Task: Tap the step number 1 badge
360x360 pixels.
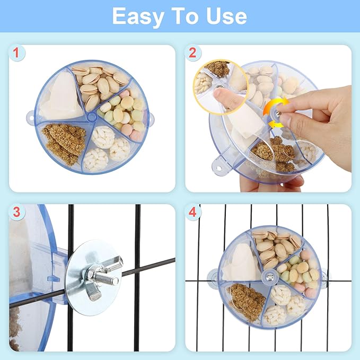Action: pos(18,52)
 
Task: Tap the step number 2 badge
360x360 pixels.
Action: pos(192,52)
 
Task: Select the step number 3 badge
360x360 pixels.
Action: pos(18,213)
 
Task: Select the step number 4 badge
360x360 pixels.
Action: pos(192,213)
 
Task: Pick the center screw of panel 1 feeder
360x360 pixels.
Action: pos(92,116)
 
